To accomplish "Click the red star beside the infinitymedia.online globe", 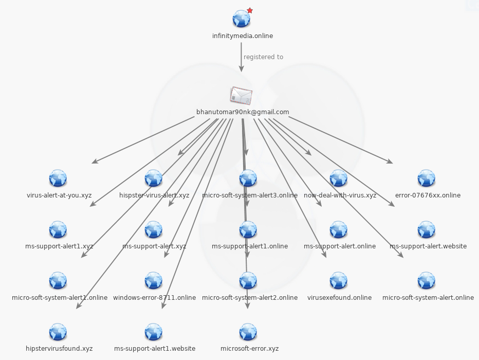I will pos(250,10).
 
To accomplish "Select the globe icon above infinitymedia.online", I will pos(241,19).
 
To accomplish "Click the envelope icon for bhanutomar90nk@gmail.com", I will pos(241,95).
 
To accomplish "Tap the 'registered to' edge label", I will pos(263,57).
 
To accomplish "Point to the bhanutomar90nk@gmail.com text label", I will pos(243,112).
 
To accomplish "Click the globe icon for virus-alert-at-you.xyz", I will pos(58,178).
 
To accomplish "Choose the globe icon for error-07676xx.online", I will pos(427,178).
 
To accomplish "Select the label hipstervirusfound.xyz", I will pos(59,349).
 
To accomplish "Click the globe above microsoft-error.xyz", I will pos(248,332).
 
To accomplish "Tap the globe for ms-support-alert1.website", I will pos(154,332).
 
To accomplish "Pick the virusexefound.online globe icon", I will pos(339,281).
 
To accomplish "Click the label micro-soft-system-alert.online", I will pos(428,298).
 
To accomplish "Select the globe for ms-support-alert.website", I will pos(427,229).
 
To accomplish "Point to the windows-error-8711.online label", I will pos(154,298).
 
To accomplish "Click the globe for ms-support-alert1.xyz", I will pos(58,229).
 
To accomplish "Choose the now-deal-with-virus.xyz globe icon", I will pos(339,178).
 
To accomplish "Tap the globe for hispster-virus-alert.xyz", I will pos(154,178).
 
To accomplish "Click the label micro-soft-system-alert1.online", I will pos(60,298).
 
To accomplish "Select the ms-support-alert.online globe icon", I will pos(339,229).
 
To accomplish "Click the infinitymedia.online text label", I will pos(243,36).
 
